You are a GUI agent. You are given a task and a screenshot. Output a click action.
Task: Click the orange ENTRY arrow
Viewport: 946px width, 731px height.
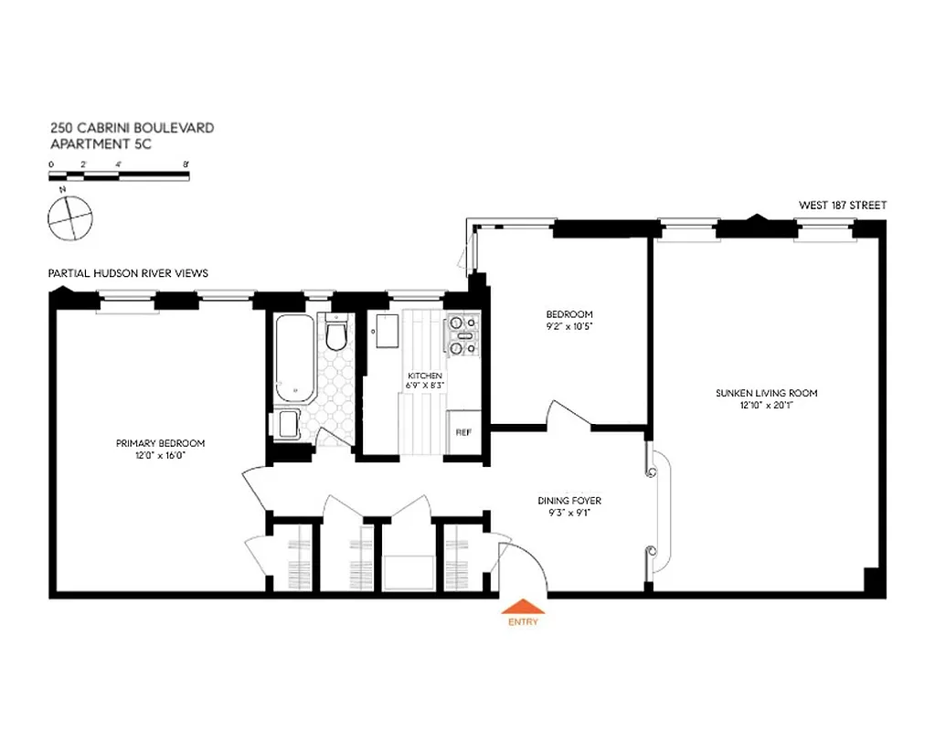[524, 606]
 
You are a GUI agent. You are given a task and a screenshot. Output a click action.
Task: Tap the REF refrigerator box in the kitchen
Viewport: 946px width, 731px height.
[463, 432]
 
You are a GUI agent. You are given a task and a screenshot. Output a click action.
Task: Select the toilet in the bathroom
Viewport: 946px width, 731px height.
[336, 334]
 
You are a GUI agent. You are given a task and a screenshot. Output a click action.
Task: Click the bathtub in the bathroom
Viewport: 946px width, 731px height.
[293, 358]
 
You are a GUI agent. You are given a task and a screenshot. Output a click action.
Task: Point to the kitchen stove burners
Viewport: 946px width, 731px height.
[462, 334]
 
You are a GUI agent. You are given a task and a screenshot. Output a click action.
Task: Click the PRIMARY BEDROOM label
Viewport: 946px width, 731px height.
[160, 443]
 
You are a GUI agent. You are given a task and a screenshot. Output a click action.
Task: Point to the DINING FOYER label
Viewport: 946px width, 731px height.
[569, 501]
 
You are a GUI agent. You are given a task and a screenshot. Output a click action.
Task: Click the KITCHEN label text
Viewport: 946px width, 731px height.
[425, 376]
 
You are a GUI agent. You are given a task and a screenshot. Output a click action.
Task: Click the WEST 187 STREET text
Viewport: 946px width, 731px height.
[842, 206]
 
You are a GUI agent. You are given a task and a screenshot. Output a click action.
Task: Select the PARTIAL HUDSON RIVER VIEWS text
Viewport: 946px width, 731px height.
[129, 273]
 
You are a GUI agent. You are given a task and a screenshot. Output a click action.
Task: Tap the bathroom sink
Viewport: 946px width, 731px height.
[287, 425]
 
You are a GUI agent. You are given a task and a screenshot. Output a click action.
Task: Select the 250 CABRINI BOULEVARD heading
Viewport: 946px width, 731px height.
[133, 128]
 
